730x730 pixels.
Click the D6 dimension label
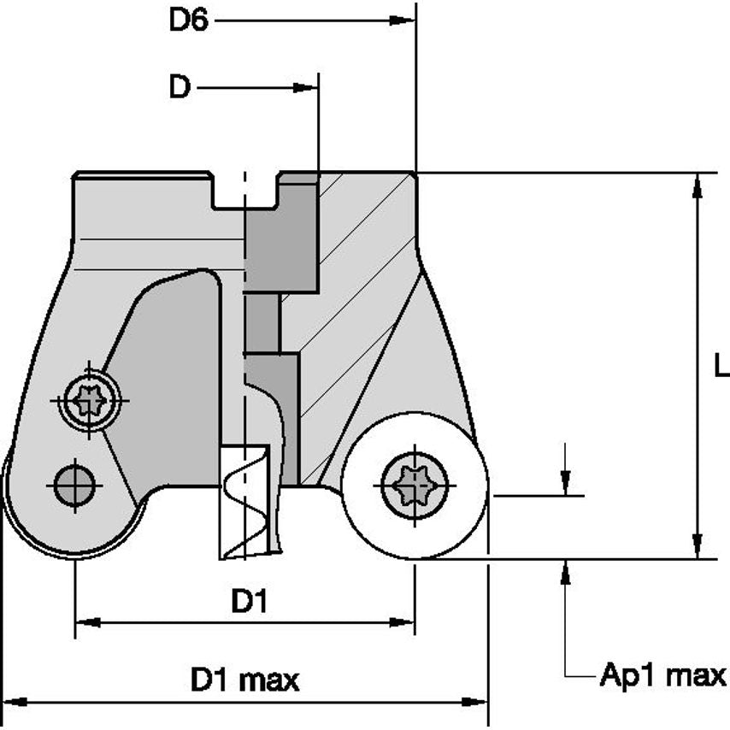coord(188,20)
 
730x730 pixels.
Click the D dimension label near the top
coord(179,87)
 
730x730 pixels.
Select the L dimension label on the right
coord(721,367)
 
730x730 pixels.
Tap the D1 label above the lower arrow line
coord(250,602)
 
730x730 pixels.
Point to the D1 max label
coord(244,680)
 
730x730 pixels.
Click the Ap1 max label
coord(662,675)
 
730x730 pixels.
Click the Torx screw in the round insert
coord(414,486)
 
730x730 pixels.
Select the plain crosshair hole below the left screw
coord(74,486)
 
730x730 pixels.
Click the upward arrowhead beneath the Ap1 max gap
coord(565,570)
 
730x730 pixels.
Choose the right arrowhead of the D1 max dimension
coord(478,702)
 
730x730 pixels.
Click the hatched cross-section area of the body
coord(359,282)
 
